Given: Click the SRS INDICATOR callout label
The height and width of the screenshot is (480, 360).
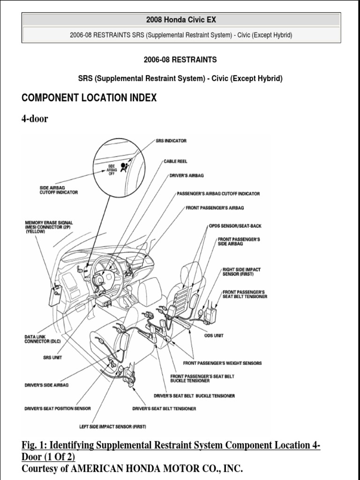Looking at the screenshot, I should coord(171,141).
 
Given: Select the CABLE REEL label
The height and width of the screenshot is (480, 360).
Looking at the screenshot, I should coord(175,161).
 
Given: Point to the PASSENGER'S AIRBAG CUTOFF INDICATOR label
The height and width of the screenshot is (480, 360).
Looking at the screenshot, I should coord(218,194).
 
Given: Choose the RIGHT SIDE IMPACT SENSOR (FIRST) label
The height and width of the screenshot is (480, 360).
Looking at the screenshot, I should coord(241,272).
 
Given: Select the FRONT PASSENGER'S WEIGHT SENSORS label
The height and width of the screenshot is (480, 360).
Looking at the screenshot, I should coord(222,363).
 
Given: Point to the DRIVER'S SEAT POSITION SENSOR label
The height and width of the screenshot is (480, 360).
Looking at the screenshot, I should coord(58,409).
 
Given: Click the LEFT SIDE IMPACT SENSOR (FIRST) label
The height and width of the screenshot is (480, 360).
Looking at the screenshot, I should coord(113,427).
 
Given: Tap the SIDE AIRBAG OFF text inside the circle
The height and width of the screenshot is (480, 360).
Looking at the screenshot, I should coord(112,169).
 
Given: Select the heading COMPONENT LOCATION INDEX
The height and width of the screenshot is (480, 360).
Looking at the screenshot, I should coord(89,98).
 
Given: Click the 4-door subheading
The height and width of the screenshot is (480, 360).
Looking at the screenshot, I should coord(35,119).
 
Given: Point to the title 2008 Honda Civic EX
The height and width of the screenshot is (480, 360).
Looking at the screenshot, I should coord(181,20).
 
